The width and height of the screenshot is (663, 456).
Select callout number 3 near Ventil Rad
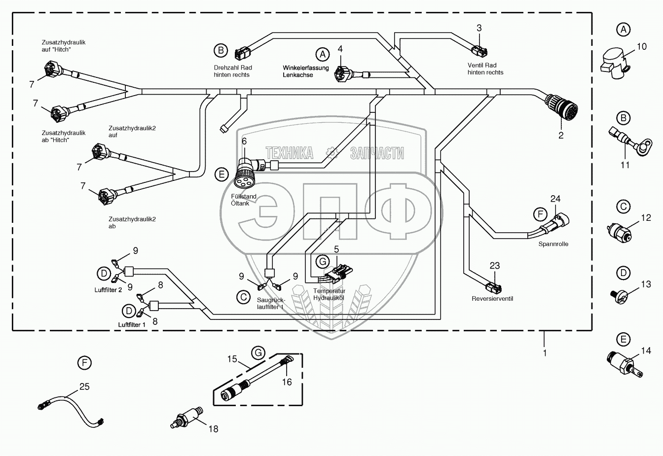pos(479,28)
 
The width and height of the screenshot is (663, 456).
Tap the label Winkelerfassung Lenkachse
pos(305,71)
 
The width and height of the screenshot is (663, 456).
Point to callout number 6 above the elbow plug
pos(244,141)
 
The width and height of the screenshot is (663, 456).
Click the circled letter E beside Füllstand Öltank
pos(221,174)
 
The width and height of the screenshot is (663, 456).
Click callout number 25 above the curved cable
pos(84,386)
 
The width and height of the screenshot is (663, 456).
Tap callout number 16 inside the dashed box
pos(287,382)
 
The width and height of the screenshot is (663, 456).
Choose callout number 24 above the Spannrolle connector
pos(555,199)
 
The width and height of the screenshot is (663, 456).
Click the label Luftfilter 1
pos(132,325)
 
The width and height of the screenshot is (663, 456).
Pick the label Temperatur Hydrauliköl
pos(329,294)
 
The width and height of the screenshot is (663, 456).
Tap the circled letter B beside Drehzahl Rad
pos(221,50)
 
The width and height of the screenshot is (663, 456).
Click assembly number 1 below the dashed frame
pos(545,353)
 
